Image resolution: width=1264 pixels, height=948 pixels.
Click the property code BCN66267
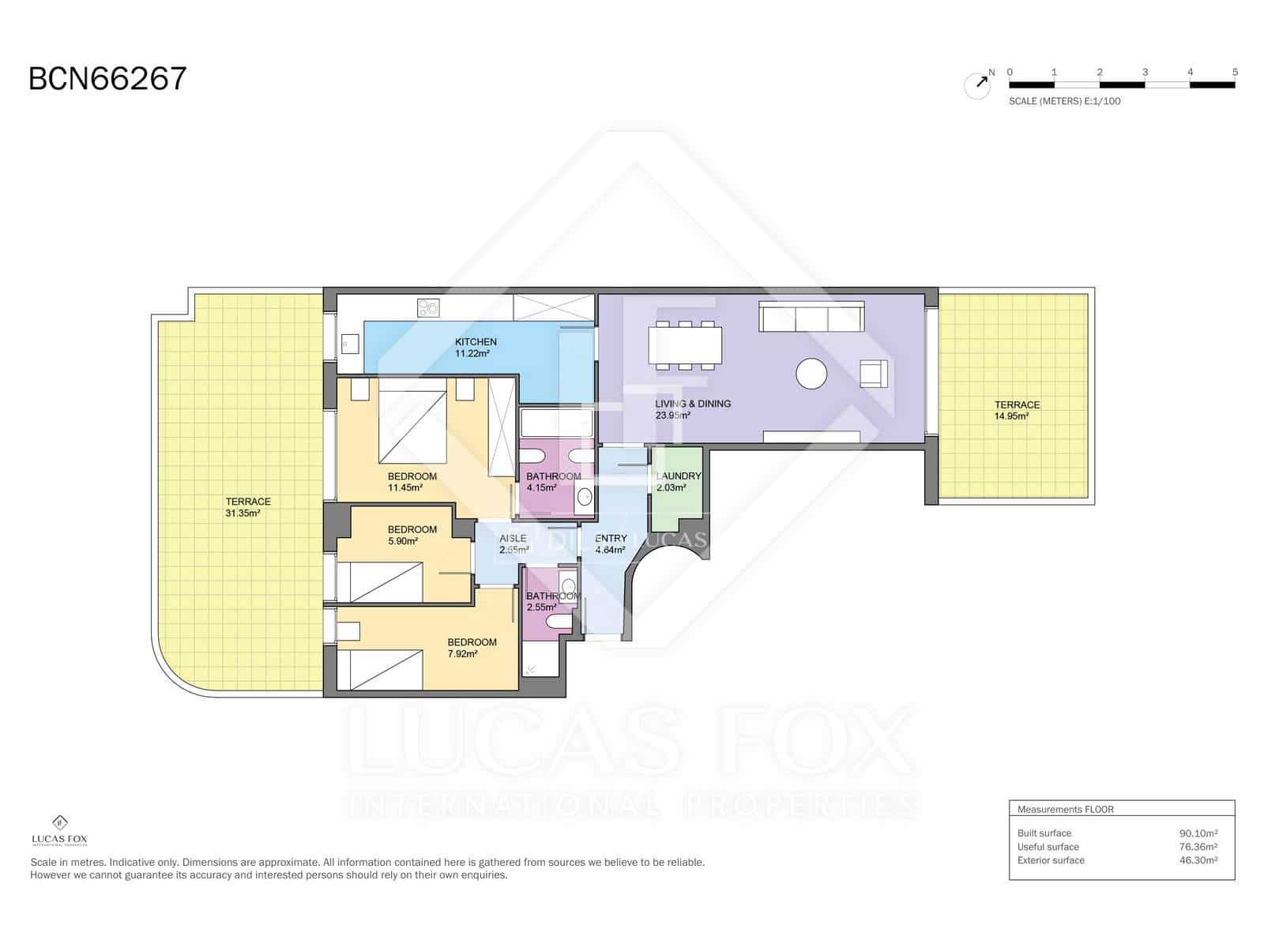(107, 79)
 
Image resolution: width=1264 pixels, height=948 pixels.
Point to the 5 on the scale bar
(1234, 72)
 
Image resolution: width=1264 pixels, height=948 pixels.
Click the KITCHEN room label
(476, 342)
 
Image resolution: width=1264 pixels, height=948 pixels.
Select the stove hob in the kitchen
(428, 307)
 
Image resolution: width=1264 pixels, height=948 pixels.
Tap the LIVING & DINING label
(693, 404)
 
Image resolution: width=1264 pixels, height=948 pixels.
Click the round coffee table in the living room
(811, 374)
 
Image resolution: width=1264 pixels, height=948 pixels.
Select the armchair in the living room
(873, 373)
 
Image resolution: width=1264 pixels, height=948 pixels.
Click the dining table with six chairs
(685, 345)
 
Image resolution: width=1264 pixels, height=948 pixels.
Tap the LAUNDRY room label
(679, 476)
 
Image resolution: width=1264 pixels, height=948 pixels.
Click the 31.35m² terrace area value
(243, 513)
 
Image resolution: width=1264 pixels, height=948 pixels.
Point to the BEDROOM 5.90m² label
(412, 535)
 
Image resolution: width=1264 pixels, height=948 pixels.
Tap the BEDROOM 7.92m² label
(472, 648)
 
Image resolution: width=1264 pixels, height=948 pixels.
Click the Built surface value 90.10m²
(1198, 833)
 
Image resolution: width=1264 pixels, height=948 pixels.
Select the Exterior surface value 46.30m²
(1198, 860)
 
